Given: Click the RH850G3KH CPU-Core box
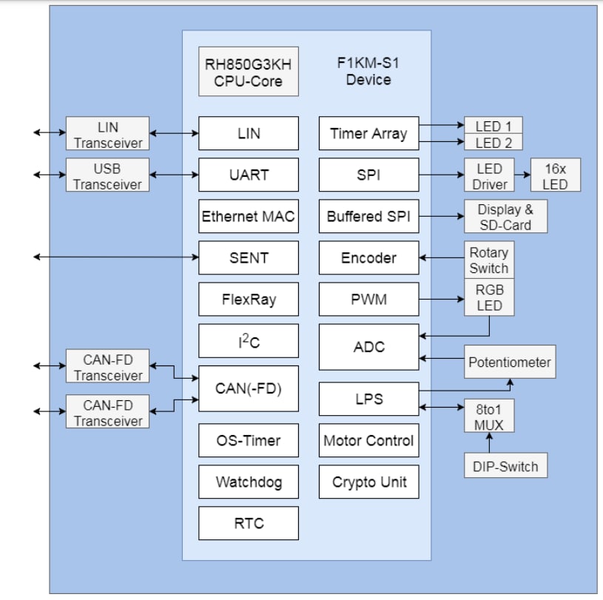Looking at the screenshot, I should click(x=249, y=72).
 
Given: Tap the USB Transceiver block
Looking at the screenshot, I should click(x=108, y=176).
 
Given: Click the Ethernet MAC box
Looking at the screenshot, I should click(x=249, y=217).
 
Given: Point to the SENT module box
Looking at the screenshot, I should click(x=249, y=258).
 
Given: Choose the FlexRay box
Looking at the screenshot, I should click(x=249, y=300).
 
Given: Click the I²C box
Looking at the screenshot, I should click(x=249, y=341).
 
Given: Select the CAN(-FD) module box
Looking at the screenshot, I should click(x=249, y=388).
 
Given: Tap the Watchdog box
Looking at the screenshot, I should click(x=249, y=482).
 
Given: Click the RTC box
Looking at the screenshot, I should click(x=249, y=523).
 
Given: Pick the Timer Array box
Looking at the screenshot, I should click(x=368, y=134).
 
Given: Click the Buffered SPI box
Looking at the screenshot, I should click(x=368, y=217).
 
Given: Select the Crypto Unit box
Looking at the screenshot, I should click(x=368, y=482).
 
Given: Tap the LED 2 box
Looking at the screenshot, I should click(x=493, y=143).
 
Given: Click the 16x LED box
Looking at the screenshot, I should click(x=555, y=176).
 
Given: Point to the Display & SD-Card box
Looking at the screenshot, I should click(x=506, y=217).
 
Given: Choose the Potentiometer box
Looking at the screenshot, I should click(x=509, y=363).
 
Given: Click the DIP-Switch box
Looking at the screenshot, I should click(x=506, y=466).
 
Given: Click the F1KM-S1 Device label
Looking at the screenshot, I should click(x=368, y=71).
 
